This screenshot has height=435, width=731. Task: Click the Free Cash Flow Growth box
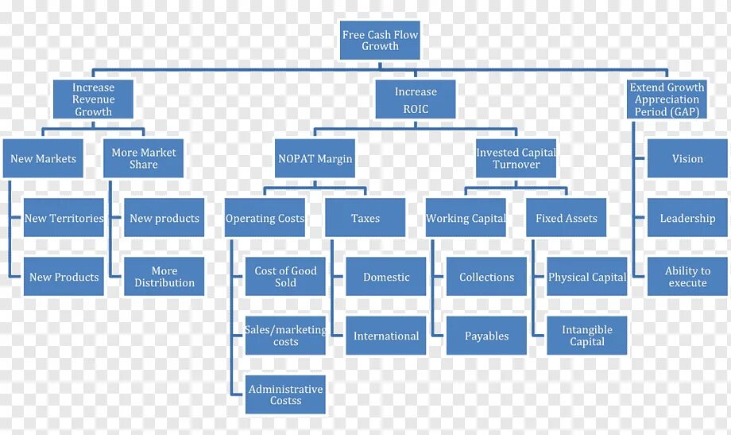point(380,41)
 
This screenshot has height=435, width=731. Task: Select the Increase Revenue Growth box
point(94,100)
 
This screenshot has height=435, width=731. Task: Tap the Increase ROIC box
point(416,100)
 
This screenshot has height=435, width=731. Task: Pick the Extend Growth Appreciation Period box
point(667,100)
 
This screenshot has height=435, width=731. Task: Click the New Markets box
point(44,159)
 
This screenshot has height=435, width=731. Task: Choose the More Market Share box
point(144,159)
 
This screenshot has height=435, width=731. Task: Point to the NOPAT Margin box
point(315,159)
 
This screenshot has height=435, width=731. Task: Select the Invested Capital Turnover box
point(516,159)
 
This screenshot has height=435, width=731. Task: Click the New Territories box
point(64,218)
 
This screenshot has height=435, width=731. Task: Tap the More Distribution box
point(164,277)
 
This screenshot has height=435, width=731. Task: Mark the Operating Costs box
point(265,218)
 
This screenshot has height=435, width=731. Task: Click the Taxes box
point(365,218)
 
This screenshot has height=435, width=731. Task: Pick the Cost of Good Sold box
point(285,277)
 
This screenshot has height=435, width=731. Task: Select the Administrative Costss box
point(285,394)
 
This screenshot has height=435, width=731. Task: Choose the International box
point(386,336)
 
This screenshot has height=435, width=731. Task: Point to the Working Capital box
point(466,218)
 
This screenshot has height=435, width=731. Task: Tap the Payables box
point(486,336)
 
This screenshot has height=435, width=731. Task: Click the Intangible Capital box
point(587,336)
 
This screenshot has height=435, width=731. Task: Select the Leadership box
point(687,218)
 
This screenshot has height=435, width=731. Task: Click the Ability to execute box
point(687,277)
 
